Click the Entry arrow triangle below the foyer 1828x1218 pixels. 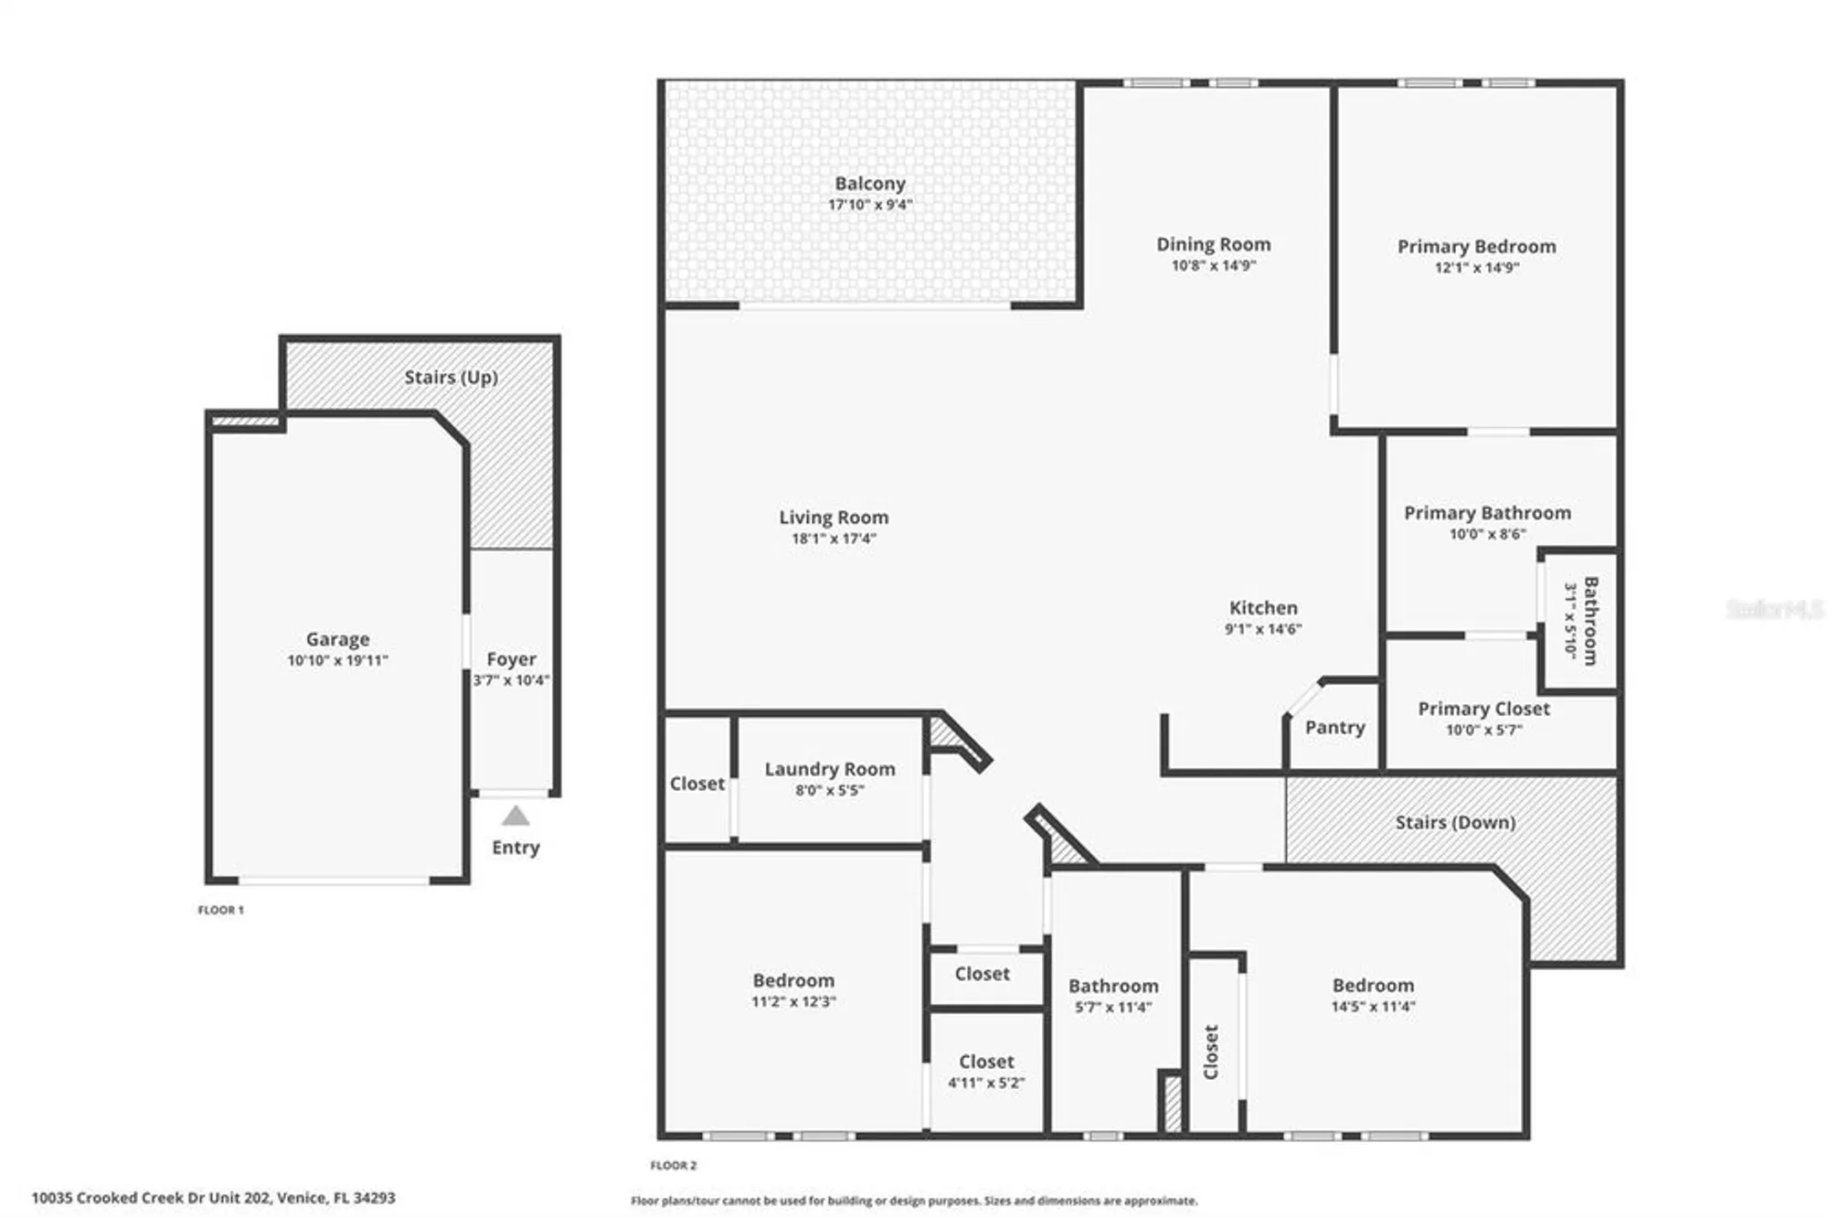[x=515, y=816]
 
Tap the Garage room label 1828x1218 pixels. [x=337, y=639]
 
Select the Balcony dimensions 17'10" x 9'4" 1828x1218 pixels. [x=869, y=205]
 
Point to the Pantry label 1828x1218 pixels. [x=1334, y=728]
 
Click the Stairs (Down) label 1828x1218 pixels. [x=1454, y=822]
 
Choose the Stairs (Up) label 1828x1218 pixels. [x=451, y=377]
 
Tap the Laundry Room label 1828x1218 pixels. [x=829, y=769]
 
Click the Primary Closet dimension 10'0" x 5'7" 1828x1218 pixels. [x=1483, y=730]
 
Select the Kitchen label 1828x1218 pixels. [x=1262, y=608]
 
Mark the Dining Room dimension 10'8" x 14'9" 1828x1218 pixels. [x=1213, y=266]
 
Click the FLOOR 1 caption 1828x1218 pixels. [x=220, y=910]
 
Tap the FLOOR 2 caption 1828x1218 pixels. [x=673, y=1165]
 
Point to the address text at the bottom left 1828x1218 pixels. [x=213, y=1197]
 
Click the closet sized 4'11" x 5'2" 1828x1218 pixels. [x=985, y=1071]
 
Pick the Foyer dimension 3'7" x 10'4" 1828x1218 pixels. [x=511, y=680]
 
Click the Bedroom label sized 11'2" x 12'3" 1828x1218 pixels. [x=792, y=980]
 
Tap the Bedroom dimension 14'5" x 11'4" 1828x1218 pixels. [x=1372, y=1007]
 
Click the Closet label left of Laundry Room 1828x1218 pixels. [x=696, y=784]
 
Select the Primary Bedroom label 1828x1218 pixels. [x=1475, y=246]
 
